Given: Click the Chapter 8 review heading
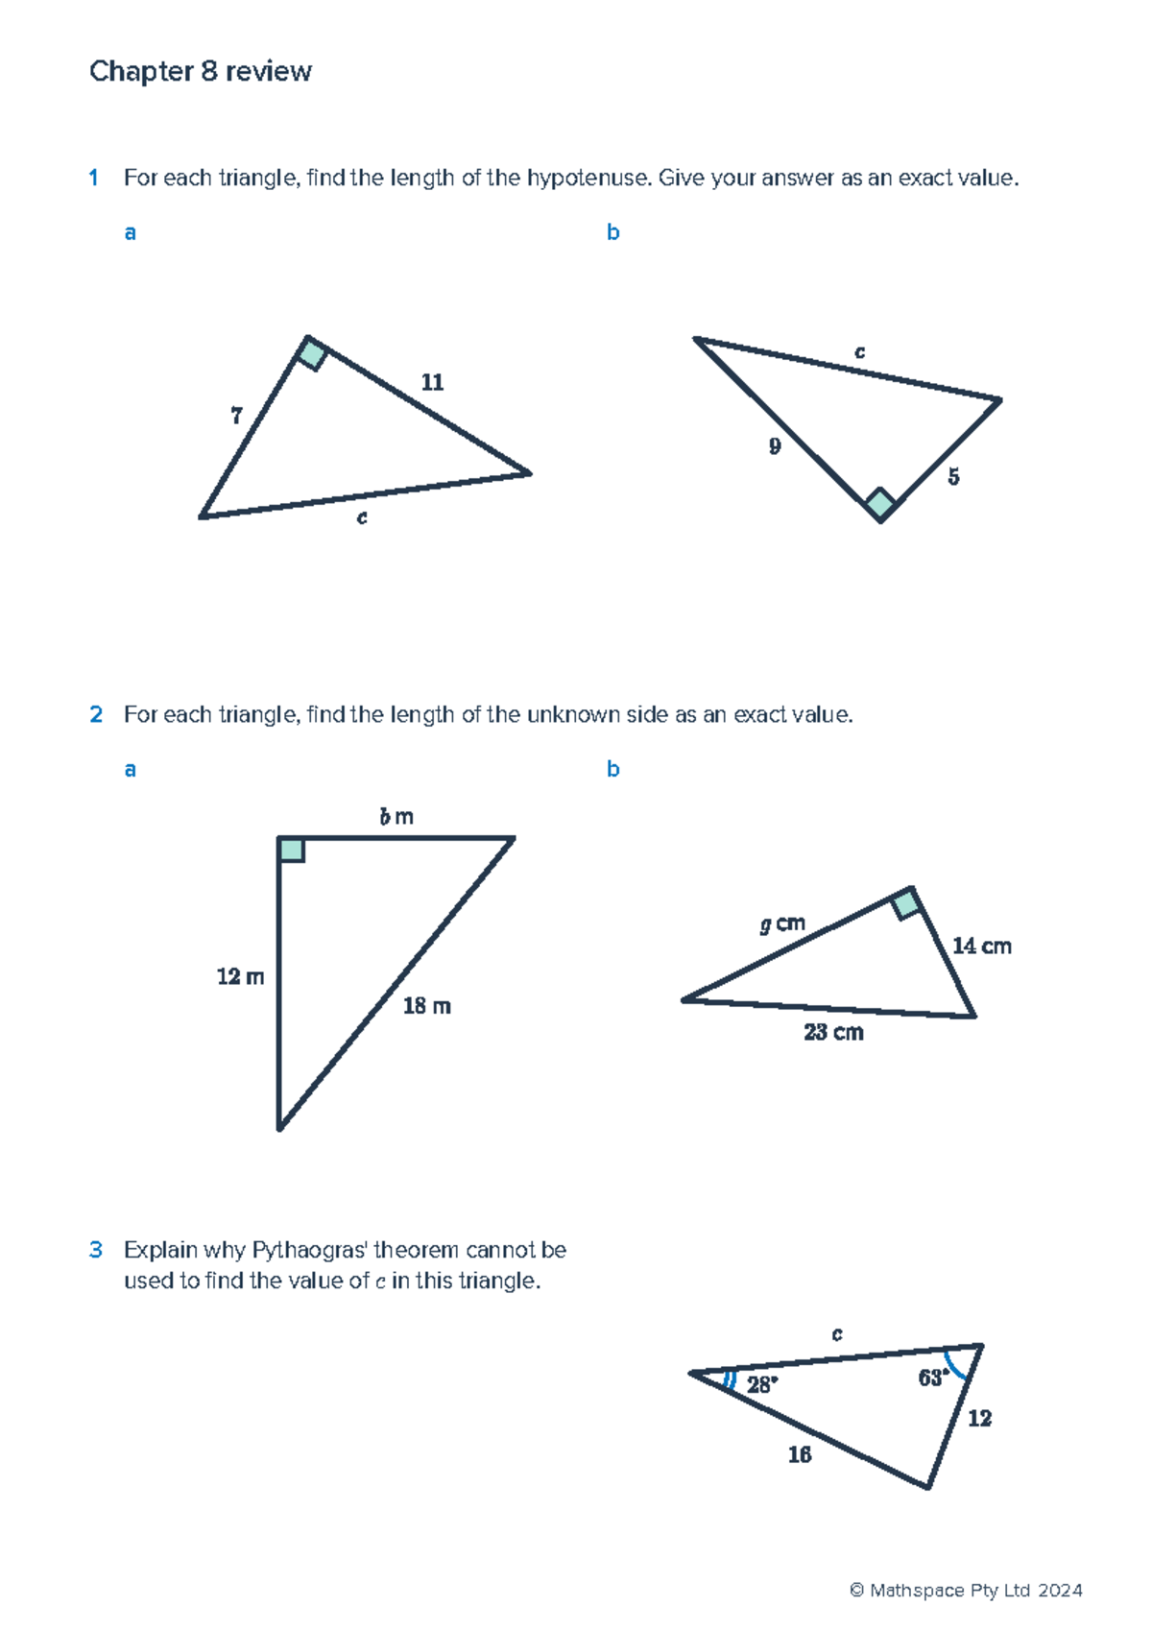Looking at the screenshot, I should [200, 72].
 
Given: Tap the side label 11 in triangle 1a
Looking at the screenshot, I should [432, 382].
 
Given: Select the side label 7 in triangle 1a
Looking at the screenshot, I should [236, 416].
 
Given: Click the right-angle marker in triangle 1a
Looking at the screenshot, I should [312, 353].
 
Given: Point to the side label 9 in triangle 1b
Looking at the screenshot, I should [775, 446].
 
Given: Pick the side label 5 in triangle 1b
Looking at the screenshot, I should [953, 477].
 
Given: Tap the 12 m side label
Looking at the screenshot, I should [240, 977].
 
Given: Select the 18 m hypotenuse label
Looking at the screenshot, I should [426, 1006].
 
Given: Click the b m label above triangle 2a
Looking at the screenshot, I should [396, 817].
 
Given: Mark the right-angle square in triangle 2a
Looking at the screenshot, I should [292, 850].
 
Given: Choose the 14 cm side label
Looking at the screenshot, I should [981, 947].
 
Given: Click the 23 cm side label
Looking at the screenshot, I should [833, 1033].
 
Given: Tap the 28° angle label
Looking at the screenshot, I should [762, 1384].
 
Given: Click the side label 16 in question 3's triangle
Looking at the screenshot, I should [800, 1455].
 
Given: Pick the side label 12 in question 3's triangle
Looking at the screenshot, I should [979, 1419].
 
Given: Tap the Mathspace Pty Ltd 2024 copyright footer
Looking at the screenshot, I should [966, 1591].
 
